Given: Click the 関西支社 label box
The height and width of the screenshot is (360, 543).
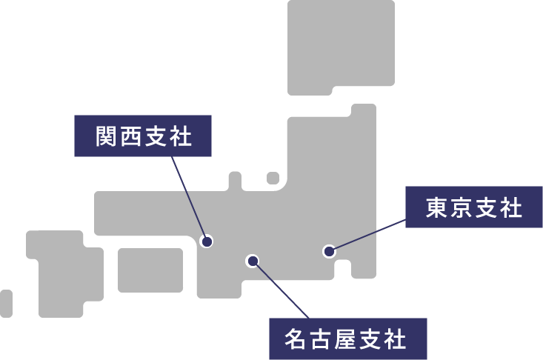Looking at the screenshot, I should pos(143,136).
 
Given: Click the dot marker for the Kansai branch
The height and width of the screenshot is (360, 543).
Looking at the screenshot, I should pos(207,241).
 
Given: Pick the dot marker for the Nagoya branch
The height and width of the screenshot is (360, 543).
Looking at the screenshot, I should pos(253,260).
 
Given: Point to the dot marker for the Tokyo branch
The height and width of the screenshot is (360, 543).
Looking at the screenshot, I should pos(329,251).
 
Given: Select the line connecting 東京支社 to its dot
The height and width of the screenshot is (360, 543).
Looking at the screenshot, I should pos(368,236).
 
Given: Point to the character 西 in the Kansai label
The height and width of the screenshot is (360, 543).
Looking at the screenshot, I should pos(130,136).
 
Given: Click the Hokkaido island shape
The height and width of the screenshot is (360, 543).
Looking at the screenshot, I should pos(341,44).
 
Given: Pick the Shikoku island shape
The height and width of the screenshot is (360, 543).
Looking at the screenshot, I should pos(150,270).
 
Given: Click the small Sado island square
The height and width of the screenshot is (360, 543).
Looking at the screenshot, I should pos(273,178).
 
